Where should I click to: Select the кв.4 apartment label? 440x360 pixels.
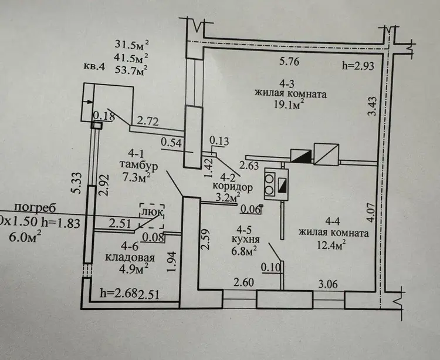[93, 66]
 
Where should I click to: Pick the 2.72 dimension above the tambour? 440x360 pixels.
[148, 122]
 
